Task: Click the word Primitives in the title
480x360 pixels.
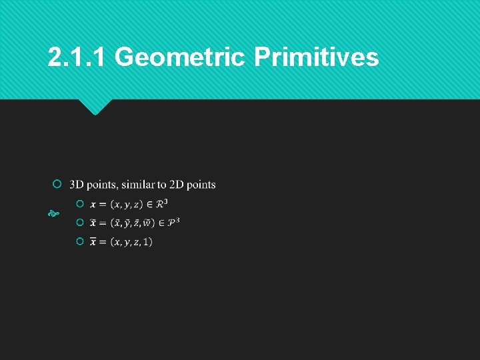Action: click(316, 58)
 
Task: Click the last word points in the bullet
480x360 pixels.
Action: click(201, 185)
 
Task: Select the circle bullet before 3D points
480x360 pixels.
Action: click(57, 184)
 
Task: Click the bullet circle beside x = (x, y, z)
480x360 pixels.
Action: click(80, 203)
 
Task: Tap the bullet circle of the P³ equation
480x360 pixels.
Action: click(80, 222)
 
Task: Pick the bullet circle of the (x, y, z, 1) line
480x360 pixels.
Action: click(80, 241)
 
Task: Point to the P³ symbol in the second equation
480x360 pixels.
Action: click(173, 221)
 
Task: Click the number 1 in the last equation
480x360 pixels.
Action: click(147, 241)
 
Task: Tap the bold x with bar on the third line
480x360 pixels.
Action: click(93, 241)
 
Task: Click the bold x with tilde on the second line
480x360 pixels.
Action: click(93, 222)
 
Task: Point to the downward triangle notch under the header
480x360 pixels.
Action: click(95, 107)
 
